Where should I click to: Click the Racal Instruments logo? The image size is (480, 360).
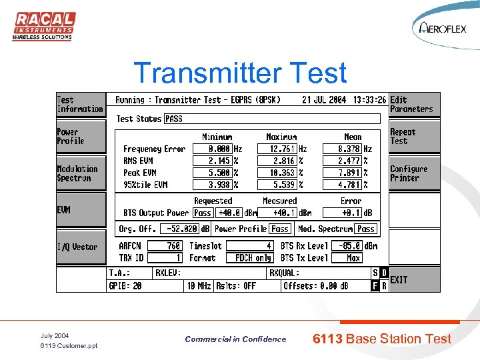pyautogui.click(x=43, y=26)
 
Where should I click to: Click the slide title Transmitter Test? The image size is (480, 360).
pyautogui.click(x=240, y=73)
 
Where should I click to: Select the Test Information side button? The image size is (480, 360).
pyautogui.click(x=80, y=105)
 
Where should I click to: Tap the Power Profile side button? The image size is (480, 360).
pyautogui.click(x=80, y=137)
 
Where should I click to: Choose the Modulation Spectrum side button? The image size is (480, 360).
pyautogui.click(x=80, y=173)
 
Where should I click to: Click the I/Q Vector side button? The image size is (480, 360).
pyautogui.click(x=80, y=247)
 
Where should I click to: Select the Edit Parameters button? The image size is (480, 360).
pyautogui.click(x=413, y=105)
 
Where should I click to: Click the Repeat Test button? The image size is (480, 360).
pyautogui.click(x=413, y=137)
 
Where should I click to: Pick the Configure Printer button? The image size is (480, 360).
pyautogui.click(x=413, y=173)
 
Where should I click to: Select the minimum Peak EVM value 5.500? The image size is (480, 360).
pyautogui.click(x=211, y=173)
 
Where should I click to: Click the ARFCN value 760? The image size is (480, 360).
pyautogui.click(x=165, y=246)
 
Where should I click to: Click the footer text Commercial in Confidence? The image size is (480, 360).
pyautogui.click(x=235, y=339)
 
